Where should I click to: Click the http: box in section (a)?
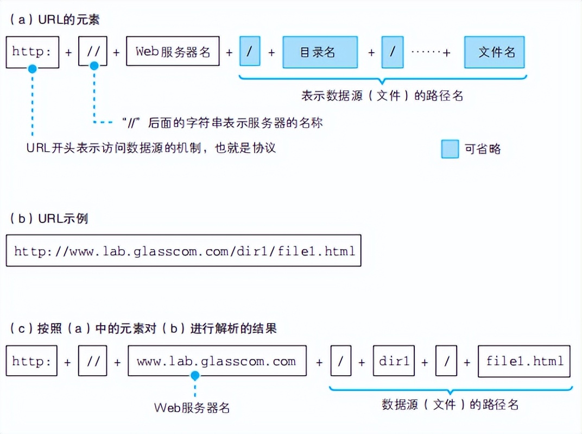pyautogui.click(x=32, y=52)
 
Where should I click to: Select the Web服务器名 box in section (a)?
pyautogui.click(x=173, y=52)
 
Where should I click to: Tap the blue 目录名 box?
pyautogui.click(x=320, y=52)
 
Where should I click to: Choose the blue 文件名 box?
pyautogui.click(x=494, y=52)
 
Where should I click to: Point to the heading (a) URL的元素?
pyautogui.click(x=54, y=20)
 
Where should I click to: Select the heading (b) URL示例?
pyautogui.click(x=49, y=219)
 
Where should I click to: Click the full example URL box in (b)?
pyautogui.click(x=184, y=251)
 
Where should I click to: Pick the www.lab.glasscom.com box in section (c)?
pyautogui.click(x=217, y=361)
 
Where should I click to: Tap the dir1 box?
pyautogui.click(x=394, y=361)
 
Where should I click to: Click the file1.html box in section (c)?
pyautogui.click(x=524, y=361)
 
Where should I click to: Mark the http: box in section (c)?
pyautogui.click(x=31, y=361)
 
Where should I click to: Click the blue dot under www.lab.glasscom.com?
pyautogui.click(x=195, y=376)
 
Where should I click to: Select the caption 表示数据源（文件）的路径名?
pyautogui.click(x=382, y=96)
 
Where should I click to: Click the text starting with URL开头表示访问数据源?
pyautogui.click(x=151, y=148)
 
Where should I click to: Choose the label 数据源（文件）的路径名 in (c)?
pyautogui.click(x=450, y=405)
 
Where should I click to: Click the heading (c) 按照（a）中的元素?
pyautogui.click(x=143, y=328)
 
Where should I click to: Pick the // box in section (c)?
pyautogui.click(x=92, y=361)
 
